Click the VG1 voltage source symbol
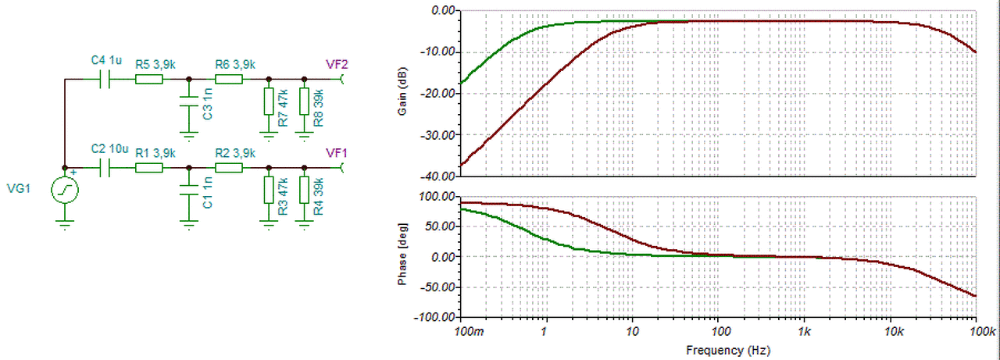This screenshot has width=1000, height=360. (65, 191)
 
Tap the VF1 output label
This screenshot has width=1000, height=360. (337, 152)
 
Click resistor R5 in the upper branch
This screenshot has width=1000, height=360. (148, 79)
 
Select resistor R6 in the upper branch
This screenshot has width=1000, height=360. (229, 79)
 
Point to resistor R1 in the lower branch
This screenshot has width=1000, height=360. (148, 167)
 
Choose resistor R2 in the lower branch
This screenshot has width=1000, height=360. (229, 167)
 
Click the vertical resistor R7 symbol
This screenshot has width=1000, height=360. (269, 102)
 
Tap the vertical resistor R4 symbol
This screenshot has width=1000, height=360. (305, 190)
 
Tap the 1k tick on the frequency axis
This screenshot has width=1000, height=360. (804, 332)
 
